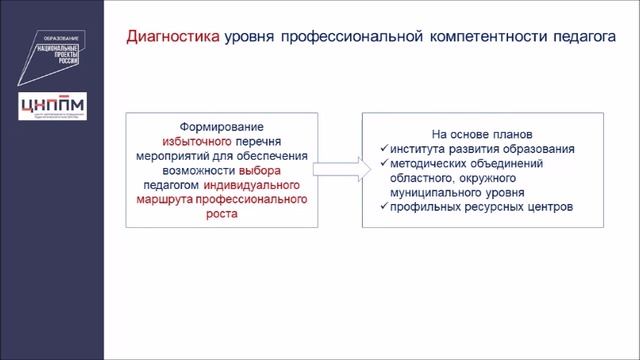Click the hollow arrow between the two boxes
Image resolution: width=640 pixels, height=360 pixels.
pyautogui.click(x=339, y=171)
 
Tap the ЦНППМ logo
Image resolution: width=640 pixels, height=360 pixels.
pyautogui.click(x=52, y=105)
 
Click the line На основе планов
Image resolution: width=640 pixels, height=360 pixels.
pyautogui.click(x=475, y=135)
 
